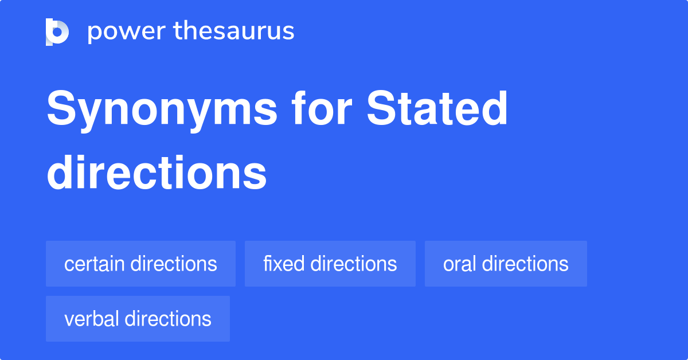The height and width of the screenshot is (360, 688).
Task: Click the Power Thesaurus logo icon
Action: [x=57, y=32]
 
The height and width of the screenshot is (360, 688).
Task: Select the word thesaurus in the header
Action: [x=234, y=32]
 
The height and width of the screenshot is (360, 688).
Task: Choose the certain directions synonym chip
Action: [x=140, y=264]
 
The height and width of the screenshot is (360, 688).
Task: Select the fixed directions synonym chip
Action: [x=330, y=264]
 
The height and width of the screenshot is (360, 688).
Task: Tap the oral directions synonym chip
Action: [x=506, y=264]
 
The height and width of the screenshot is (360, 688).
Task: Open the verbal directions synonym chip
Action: [x=138, y=319]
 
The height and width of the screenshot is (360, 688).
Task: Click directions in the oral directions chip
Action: [x=525, y=264]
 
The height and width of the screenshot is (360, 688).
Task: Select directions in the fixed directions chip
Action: [x=354, y=264]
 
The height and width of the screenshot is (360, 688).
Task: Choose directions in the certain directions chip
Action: [x=174, y=264]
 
